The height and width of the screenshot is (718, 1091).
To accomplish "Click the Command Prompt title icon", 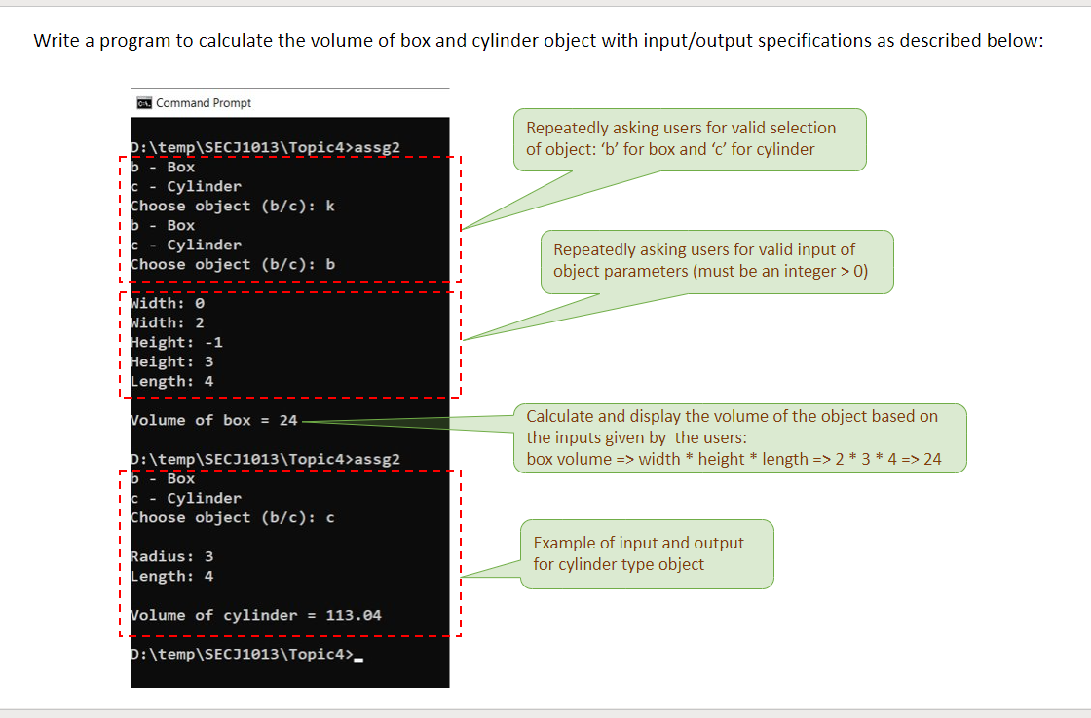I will (143, 103).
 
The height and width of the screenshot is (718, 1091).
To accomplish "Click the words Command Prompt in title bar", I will (204, 103).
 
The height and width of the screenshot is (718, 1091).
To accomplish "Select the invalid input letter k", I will (330, 206).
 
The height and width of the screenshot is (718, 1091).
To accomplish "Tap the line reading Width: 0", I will (168, 303).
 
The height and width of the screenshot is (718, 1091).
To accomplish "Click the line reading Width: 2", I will (168, 322).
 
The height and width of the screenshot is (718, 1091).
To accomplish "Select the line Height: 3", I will (172, 361).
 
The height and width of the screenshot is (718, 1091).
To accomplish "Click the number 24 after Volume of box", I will (288, 420).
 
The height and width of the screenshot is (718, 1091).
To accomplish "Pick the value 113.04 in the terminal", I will (354, 615).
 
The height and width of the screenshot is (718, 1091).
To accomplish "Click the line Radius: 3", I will (172, 556).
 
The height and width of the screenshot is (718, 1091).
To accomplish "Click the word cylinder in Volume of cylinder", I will (260, 615).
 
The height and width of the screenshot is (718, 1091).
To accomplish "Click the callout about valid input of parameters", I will (717, 261).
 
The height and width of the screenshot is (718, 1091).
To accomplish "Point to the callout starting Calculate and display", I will (739, 437).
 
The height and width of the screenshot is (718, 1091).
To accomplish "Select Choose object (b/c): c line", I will (233, 517).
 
